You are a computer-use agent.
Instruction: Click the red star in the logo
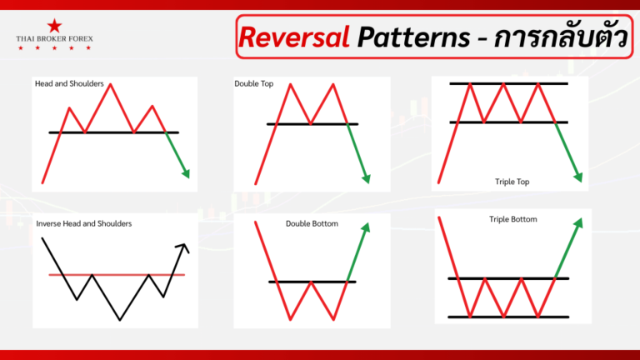pos(54,26)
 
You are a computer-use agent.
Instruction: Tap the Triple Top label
pos(512,181)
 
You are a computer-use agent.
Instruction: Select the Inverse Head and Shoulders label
pos(83,223)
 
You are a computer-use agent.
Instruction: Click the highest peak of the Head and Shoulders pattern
pos(110,85)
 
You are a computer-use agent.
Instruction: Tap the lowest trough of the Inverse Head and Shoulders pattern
pos(121,319)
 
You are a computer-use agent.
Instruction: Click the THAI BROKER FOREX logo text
pos(54,39)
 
